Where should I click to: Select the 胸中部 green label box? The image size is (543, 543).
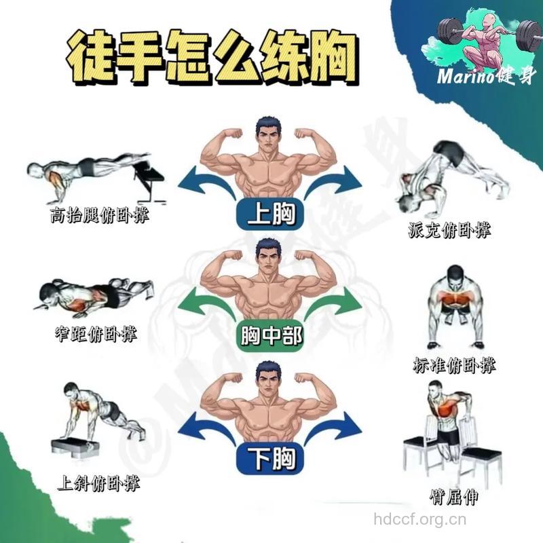(271, 335)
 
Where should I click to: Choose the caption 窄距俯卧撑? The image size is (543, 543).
(95, 334)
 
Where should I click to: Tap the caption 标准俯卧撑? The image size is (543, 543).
(454, 364)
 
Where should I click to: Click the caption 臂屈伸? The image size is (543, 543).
(454, 497)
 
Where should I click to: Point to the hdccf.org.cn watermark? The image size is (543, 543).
(420, 521)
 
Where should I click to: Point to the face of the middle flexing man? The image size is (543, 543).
(269, 256)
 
